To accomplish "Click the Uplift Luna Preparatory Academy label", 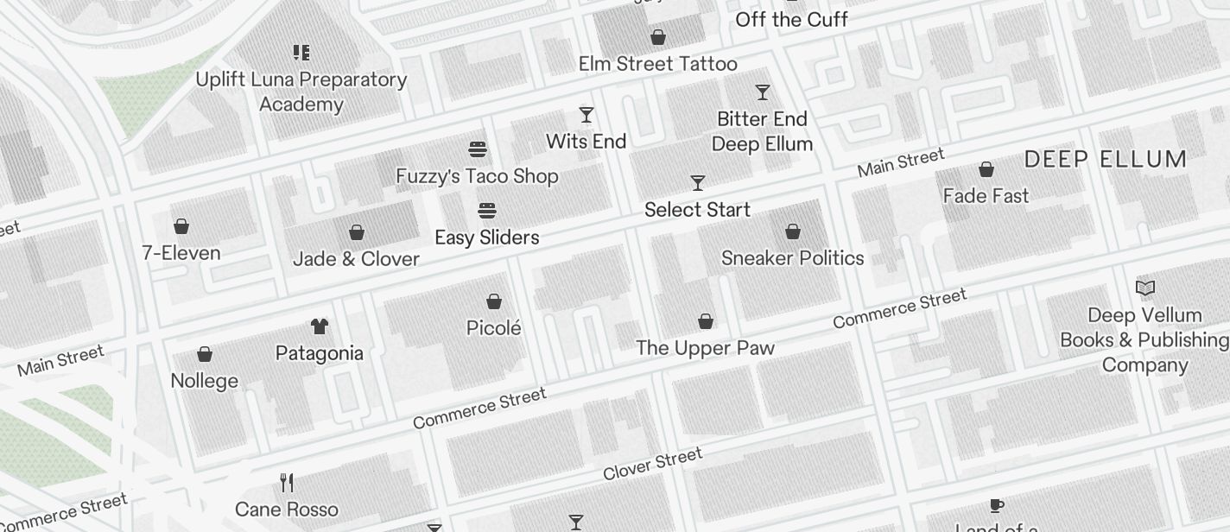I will (x=301, y=92).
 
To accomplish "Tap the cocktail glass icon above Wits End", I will (x=586, y=115).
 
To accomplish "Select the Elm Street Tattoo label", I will (x=657, y=64).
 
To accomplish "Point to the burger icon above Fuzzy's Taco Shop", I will (x=478, y=149).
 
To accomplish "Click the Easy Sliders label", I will (x=486, y=237).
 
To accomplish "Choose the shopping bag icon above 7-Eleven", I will (x=181, y=226).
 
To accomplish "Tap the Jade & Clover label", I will (x=356, y=259).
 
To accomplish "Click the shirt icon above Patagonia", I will (x=320, y=326).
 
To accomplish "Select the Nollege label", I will (x=205, y=381).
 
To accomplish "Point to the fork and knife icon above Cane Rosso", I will (x=287, y=482).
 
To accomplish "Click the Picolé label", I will (x=494, y=328).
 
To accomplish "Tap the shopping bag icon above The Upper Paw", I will (x=706, y=321).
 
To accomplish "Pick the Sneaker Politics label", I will (x=792, y=258).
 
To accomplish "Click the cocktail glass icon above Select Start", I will (x=698, y=183).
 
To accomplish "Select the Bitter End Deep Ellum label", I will (x=762, y=131).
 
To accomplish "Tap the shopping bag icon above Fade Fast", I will (x=986, y=169).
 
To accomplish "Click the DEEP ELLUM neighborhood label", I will (x=1106, y=160).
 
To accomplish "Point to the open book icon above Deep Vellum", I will (x=1145, y=288).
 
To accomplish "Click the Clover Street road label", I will (x=652, y=465).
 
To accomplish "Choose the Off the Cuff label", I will (x=791, y=19).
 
